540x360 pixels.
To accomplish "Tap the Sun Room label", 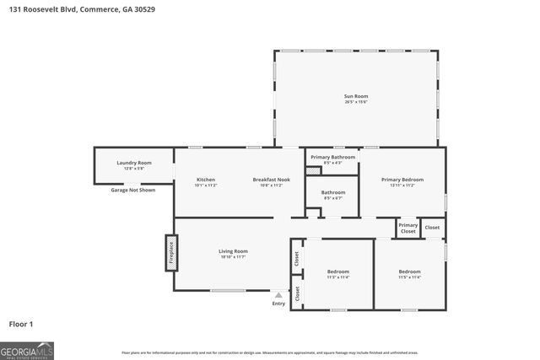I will point(355,98).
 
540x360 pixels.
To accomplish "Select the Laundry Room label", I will point(133,164).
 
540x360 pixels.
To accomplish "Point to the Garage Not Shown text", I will point(133,190).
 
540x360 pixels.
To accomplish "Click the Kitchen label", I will point(206,180).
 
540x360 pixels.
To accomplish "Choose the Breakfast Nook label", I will point(271,180).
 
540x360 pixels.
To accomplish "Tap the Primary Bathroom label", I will point(332,158).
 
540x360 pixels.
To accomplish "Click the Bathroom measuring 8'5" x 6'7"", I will point(332,194).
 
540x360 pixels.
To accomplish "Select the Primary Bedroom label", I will point(402,180).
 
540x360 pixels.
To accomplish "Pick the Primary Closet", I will point(408,228).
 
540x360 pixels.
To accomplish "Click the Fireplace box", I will point(170,253).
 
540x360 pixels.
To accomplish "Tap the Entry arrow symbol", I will point(278,295).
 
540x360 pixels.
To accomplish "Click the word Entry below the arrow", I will point(278,304).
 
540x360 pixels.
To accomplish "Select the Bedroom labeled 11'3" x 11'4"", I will point(338,273).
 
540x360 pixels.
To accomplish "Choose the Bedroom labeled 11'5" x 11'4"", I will point(409,273).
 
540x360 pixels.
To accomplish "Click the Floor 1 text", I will point(20,324).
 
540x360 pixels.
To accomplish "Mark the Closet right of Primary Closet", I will point(432,228).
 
